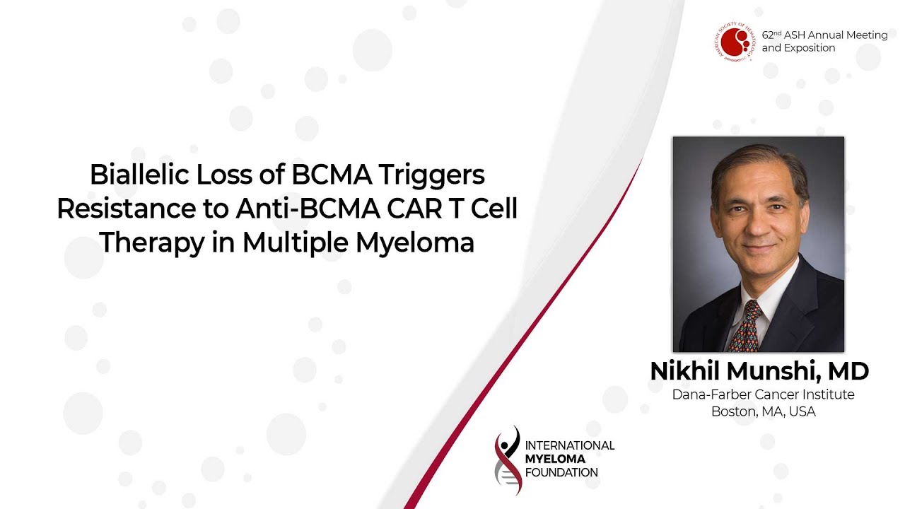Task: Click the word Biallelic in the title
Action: [x=140, y=175]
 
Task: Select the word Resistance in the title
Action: [x=127, y=209]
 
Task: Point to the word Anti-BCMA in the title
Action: [x=308, y=209]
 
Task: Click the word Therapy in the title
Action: [x=152, y=244]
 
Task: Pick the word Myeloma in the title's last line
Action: [x=415, y=244]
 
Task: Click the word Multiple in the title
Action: [x=295, y=244]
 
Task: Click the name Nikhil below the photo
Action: [x=686, y=371]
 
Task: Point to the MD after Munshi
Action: [x=848, y=371]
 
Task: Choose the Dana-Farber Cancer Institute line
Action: [x=763, y=394]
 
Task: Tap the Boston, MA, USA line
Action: [x=763, y=411]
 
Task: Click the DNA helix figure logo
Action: [x=508, y=460]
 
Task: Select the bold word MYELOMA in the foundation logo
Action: [x=555, y=460]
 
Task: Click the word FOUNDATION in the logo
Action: [x=561, y=473]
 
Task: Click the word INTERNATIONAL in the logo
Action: [x=570, y=445]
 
